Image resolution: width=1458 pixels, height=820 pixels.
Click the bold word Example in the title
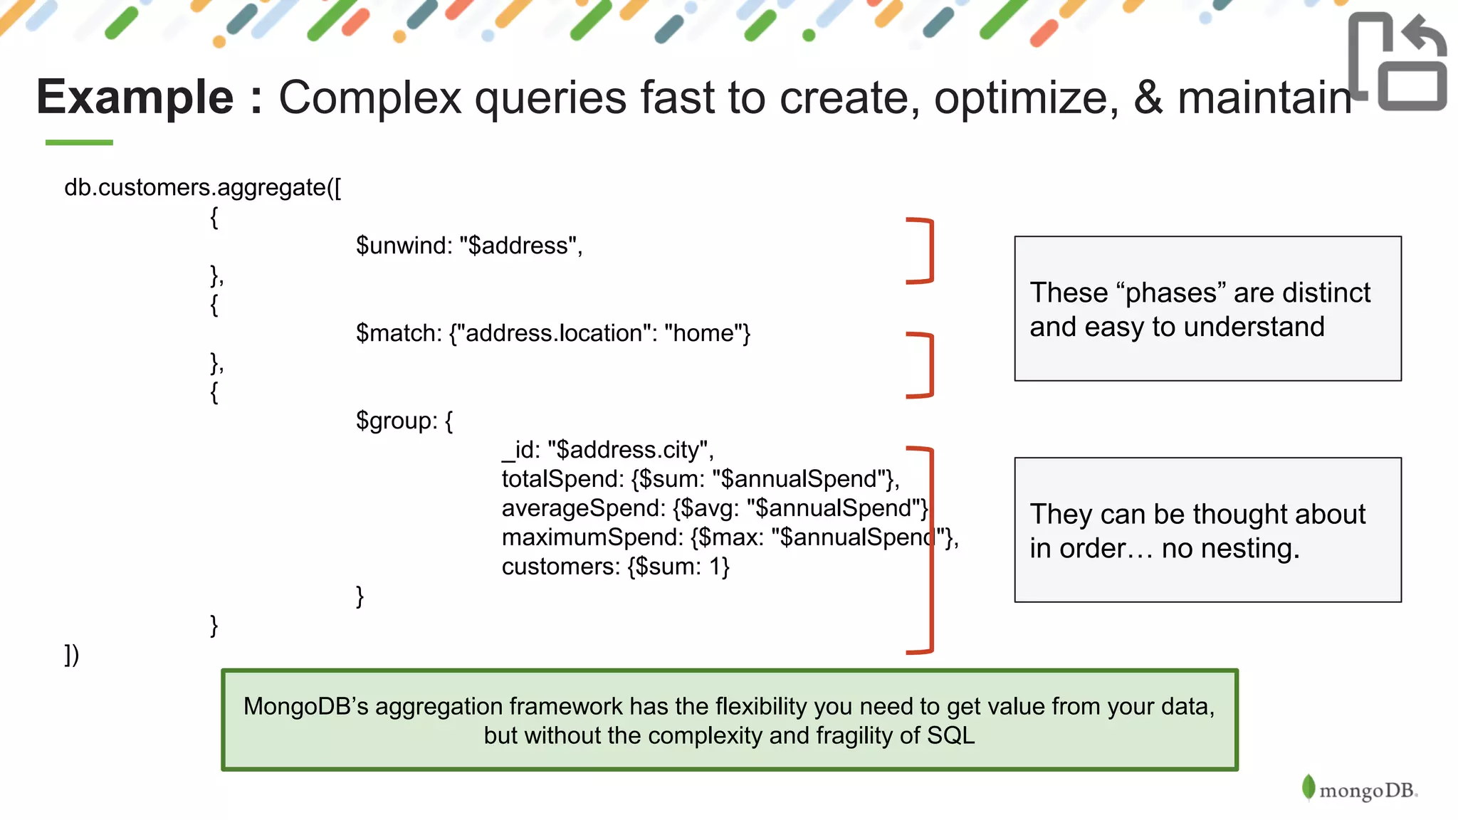pyautogui.click(x=135, y=98)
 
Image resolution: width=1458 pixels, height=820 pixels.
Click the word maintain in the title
pyautogui.click(x=1264, y=98)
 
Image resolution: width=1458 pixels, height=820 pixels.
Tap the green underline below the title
pyautogui.click(x=79, y=142)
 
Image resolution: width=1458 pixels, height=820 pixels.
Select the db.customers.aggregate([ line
pyautogui.click(x=202, y=187)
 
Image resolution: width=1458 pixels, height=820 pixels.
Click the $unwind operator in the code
pyautogui.click(x=404, y=246)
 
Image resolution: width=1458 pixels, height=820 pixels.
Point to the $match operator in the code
pyautogui.click(x=399, y=333)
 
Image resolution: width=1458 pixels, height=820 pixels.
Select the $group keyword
pyautogui.click(x=396, y=421)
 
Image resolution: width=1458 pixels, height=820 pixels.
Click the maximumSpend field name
pyautogui.click(x=592, y=537)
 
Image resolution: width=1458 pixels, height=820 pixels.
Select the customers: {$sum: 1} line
pyautogui.click(x=615, y=567)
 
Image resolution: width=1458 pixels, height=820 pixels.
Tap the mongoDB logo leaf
pyautogui.click(x=1308, y=787)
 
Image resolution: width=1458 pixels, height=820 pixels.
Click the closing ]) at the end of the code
pyautogui.click(x=72, y=654)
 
